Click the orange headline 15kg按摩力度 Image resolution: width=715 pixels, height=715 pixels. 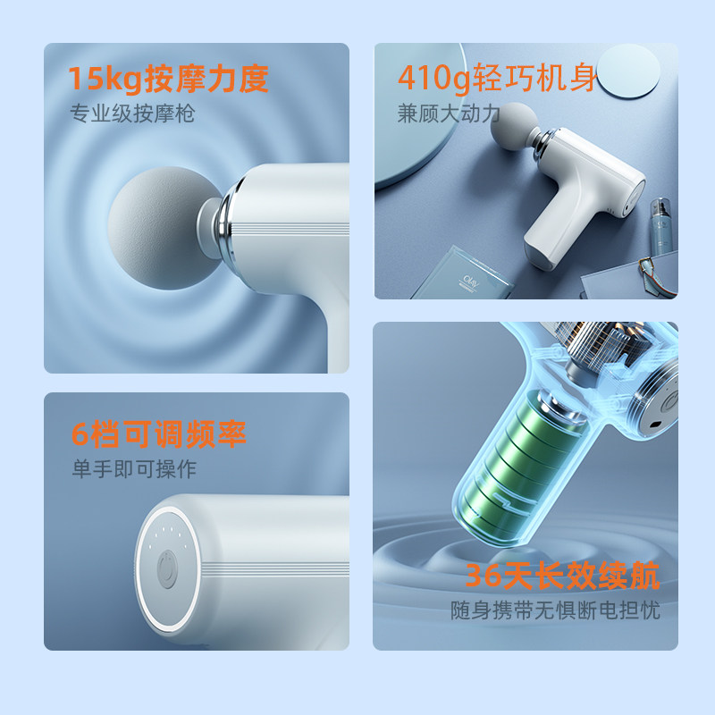tap(169, 79)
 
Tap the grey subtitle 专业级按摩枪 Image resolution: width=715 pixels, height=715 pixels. tap(133, 114)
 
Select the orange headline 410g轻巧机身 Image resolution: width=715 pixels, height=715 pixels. tap(497, 79)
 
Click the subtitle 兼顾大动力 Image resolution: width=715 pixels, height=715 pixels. tap(450, 114)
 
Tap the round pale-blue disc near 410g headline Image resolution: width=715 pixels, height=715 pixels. tap(633, 71)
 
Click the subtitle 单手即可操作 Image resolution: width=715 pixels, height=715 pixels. tap(134, 468)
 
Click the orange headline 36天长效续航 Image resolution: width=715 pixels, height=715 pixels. tap(560, 576)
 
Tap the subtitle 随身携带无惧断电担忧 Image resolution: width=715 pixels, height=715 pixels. tap(556, 612)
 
